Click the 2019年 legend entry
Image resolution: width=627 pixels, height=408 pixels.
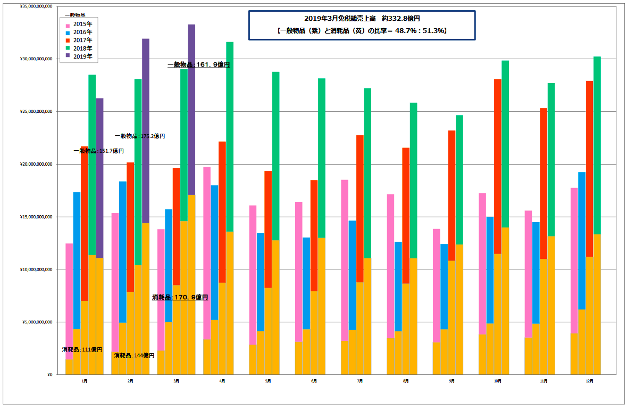(x=82, y=56)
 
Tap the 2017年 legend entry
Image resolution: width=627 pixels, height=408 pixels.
(x=82, y=40)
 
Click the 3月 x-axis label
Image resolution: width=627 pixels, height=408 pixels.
(x=176, y=381)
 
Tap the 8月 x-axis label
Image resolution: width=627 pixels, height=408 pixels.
(x=406, y=381)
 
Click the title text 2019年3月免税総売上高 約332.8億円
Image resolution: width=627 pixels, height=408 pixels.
(x=362, y=19)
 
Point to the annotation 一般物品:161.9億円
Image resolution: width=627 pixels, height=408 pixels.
(x=198, y=65)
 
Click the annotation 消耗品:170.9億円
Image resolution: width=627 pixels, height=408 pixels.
(x=180, y=297)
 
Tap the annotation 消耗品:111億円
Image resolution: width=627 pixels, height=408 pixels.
(x=82, y=350)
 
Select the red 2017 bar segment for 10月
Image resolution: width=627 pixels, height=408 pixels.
(x=498, y=165)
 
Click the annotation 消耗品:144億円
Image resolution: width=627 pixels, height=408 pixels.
(x=134, y=355)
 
